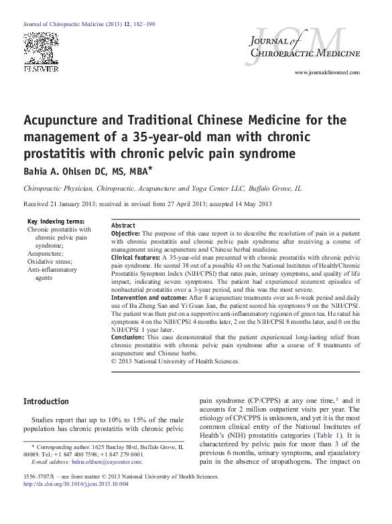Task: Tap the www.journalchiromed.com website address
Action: coord(326,72)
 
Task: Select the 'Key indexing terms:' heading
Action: coord(56,222)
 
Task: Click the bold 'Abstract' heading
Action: coord(123,226)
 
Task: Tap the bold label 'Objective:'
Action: coord(125,234)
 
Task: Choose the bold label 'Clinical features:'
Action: coord(135,257)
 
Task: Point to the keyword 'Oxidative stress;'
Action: coord(52,262)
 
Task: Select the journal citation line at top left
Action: coord(89,24)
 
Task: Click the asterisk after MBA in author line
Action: coord(151,169)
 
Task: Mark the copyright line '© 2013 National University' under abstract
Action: coord(175,361)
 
